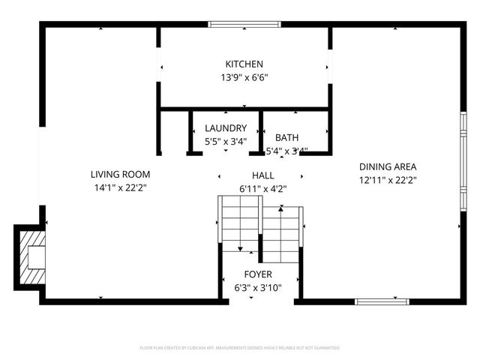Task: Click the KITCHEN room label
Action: point(244,64)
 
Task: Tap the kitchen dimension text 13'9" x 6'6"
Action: point(244,77)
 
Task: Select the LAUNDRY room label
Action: point(226,128)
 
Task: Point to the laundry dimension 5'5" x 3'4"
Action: point(226,141)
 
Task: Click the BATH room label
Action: point(286,138)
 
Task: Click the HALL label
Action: point(262,175)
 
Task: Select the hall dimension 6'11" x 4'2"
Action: point(262,188)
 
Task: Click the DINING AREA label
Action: point(387,166)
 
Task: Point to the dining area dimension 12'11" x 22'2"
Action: point(387,179)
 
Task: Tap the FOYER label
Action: point(258,274)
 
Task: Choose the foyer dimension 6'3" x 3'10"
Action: point(258,287)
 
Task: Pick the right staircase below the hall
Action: point(281,232)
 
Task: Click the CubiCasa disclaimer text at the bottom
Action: point(240,348)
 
